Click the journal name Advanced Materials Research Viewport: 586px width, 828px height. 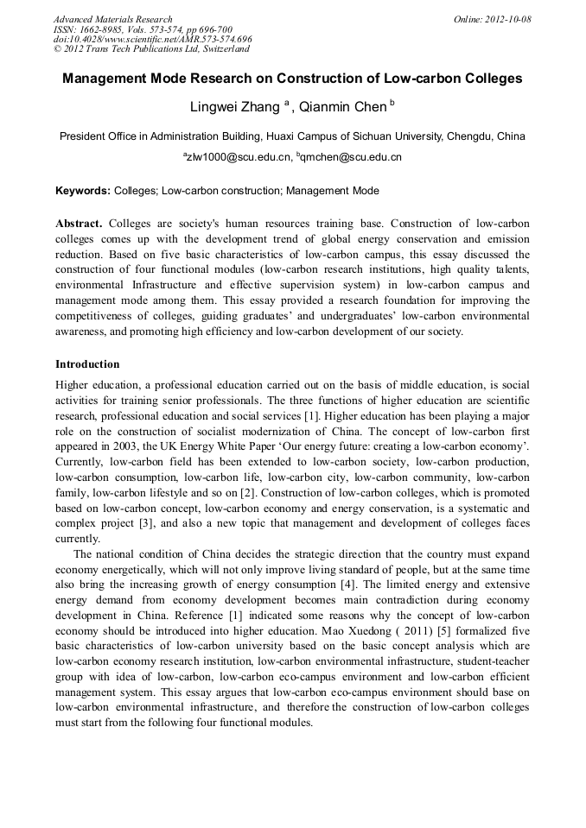click(112, 19)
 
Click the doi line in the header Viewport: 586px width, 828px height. click(152, 40)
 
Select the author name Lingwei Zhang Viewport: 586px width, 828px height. click(234, 108)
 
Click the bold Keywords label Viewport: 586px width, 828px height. click(82, 190)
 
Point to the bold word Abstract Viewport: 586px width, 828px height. click(79, 224)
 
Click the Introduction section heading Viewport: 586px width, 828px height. click(87, 364)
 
